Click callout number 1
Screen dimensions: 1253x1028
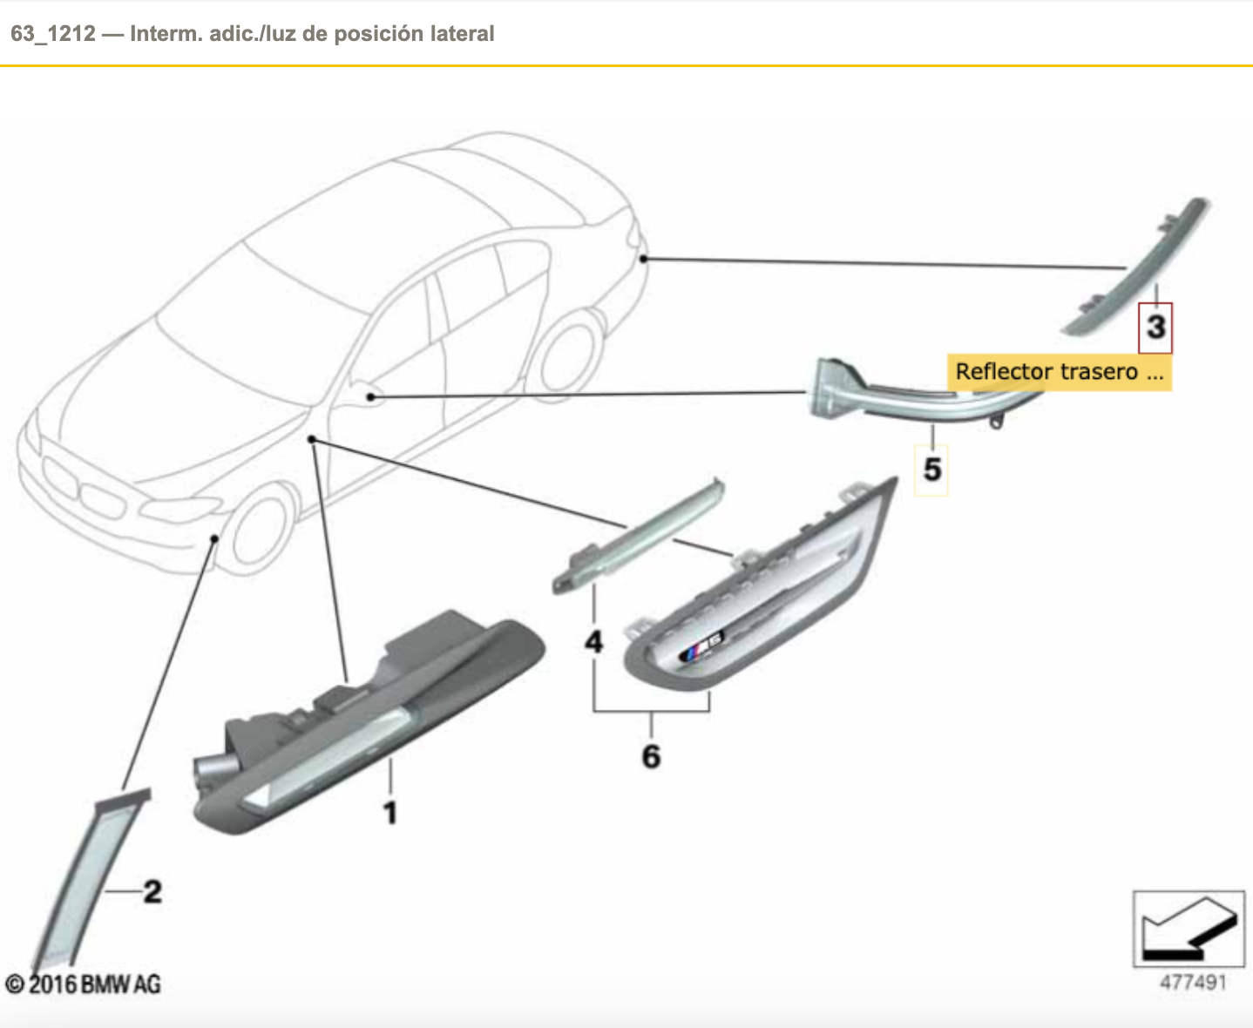(389, 813)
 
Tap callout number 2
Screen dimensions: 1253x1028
(152, 891)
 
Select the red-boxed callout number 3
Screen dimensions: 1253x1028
(1155, 328)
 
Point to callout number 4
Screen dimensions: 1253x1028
(593, 642)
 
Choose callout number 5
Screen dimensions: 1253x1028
(931, 470)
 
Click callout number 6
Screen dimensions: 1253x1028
(651, 756)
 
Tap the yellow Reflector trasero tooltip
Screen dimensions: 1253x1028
(1060, 372)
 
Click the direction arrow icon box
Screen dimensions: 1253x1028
(1189, 929)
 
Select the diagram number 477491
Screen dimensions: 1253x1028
(1193, 983)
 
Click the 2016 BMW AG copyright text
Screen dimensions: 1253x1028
(83, 984)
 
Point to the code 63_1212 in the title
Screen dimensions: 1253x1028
(53, 34)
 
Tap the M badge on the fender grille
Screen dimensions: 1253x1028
(701, 646)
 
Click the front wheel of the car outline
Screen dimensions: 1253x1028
(260, 530)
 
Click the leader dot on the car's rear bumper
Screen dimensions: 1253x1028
(643, 259)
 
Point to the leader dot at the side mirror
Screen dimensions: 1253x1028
(370, 396)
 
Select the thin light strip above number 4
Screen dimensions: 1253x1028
(639, 536)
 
